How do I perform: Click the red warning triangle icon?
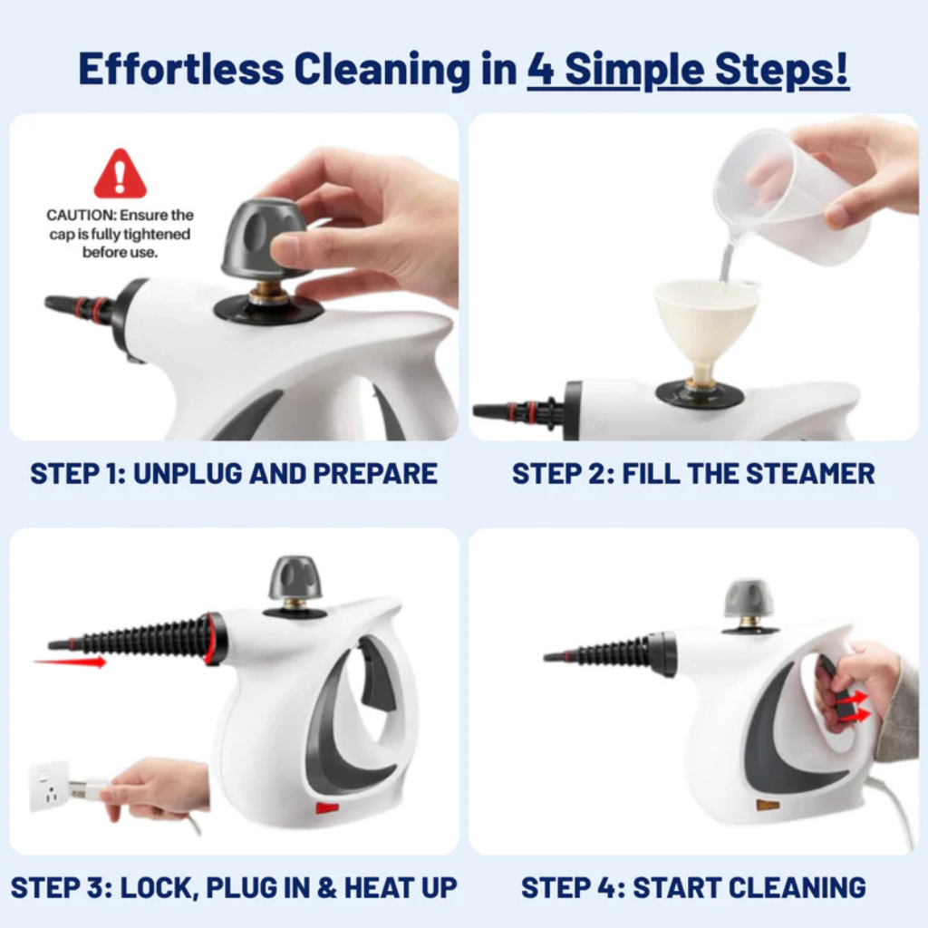click(x=120, y=175)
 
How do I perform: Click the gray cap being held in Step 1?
click(x=263, y=238)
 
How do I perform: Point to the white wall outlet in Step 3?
click(x=50, y=785)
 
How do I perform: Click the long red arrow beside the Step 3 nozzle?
click(x=70, y=662)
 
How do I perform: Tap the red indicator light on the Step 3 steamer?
click(x=327, y=807)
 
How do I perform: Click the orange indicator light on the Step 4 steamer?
click(x=768, y=804)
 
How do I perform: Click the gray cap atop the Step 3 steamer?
click(x=295, y=578)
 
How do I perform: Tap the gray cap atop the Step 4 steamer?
click(x=749, y=598)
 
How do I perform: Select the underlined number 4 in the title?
click(x=540, y=70)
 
